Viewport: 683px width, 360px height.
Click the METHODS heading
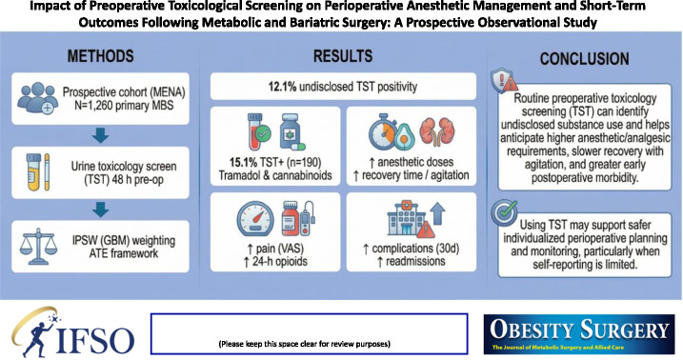(100, 56)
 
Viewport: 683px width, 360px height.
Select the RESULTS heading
(343, 56)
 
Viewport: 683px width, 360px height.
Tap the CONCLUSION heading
(584, 59)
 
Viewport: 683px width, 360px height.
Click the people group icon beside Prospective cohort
(37, 98)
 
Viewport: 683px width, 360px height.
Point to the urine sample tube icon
(34, 172)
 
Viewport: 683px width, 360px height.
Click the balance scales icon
(38, 247)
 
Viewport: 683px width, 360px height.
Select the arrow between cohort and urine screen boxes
(101, 136)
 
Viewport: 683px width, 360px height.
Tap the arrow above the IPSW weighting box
(101, 210)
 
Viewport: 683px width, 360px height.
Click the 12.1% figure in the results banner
(282, 87)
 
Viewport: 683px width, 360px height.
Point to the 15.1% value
(244, 162)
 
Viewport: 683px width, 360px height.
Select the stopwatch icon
(383, 131)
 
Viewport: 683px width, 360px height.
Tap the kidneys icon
(437, 131)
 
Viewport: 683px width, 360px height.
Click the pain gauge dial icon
(255, 218)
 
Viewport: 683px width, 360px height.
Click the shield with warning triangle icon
(503, 80)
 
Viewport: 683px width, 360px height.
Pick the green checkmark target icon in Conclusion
(504, 213)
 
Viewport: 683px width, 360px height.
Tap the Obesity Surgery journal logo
(579, 334)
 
